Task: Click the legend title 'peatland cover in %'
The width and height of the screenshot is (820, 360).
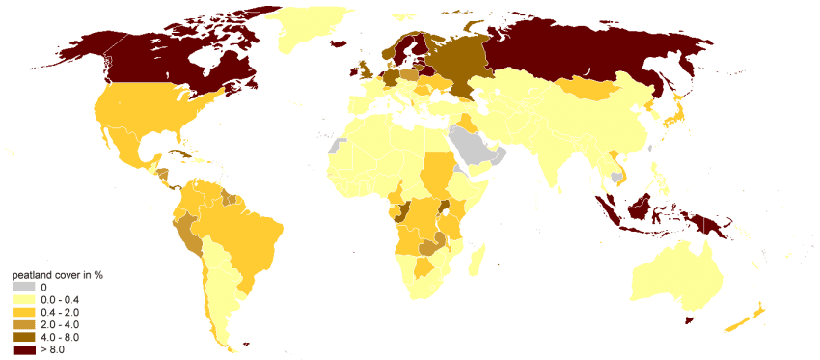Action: [57, 275]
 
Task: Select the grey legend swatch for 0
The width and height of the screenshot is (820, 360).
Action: [24, 287]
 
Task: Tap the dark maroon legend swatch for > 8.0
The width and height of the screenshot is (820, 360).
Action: [24, 349]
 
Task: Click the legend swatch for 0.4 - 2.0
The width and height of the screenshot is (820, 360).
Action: [24, 312]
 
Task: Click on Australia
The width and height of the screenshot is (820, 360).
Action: [675, 275]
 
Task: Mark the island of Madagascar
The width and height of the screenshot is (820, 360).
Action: [474, 260]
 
